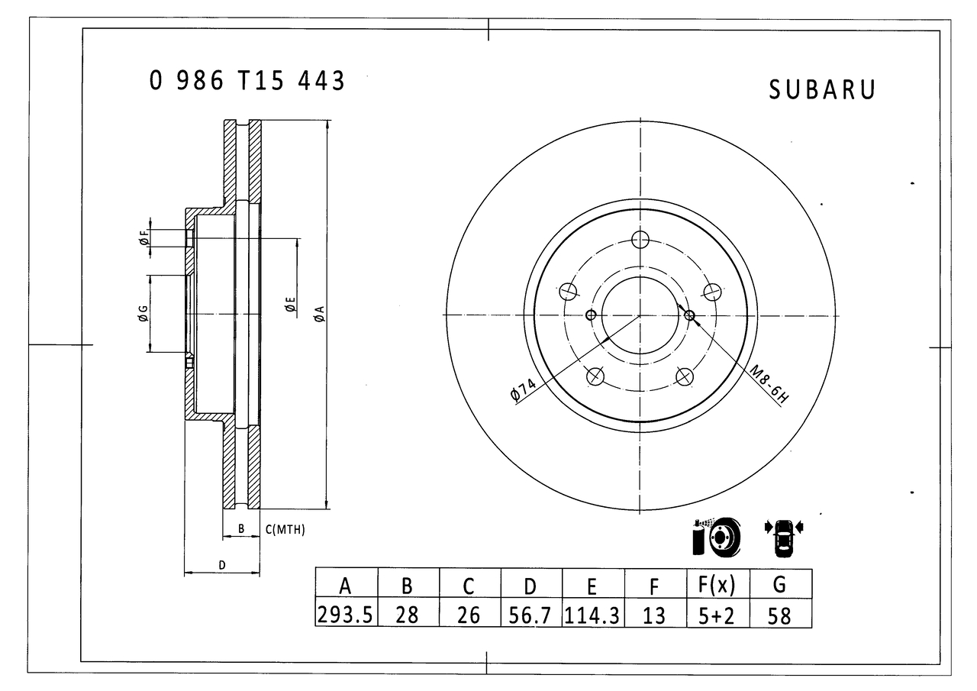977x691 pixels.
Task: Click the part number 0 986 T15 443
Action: [247, 81]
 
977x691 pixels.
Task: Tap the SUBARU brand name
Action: [822, 90]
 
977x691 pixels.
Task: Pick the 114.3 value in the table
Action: [592, 615]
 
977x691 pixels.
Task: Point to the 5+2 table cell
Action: [717, 615]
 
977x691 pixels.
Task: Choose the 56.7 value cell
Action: [530, 615]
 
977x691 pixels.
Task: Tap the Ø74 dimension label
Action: [523, 389]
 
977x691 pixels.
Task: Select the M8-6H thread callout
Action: [769, 384]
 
